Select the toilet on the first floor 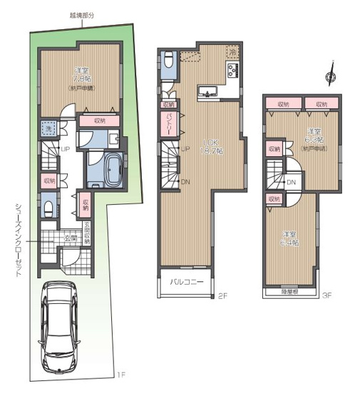[47, 208]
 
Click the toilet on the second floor [168, 61]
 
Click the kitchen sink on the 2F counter [207, 90]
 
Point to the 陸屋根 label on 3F [290, 291]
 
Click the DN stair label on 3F [291, 183]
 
